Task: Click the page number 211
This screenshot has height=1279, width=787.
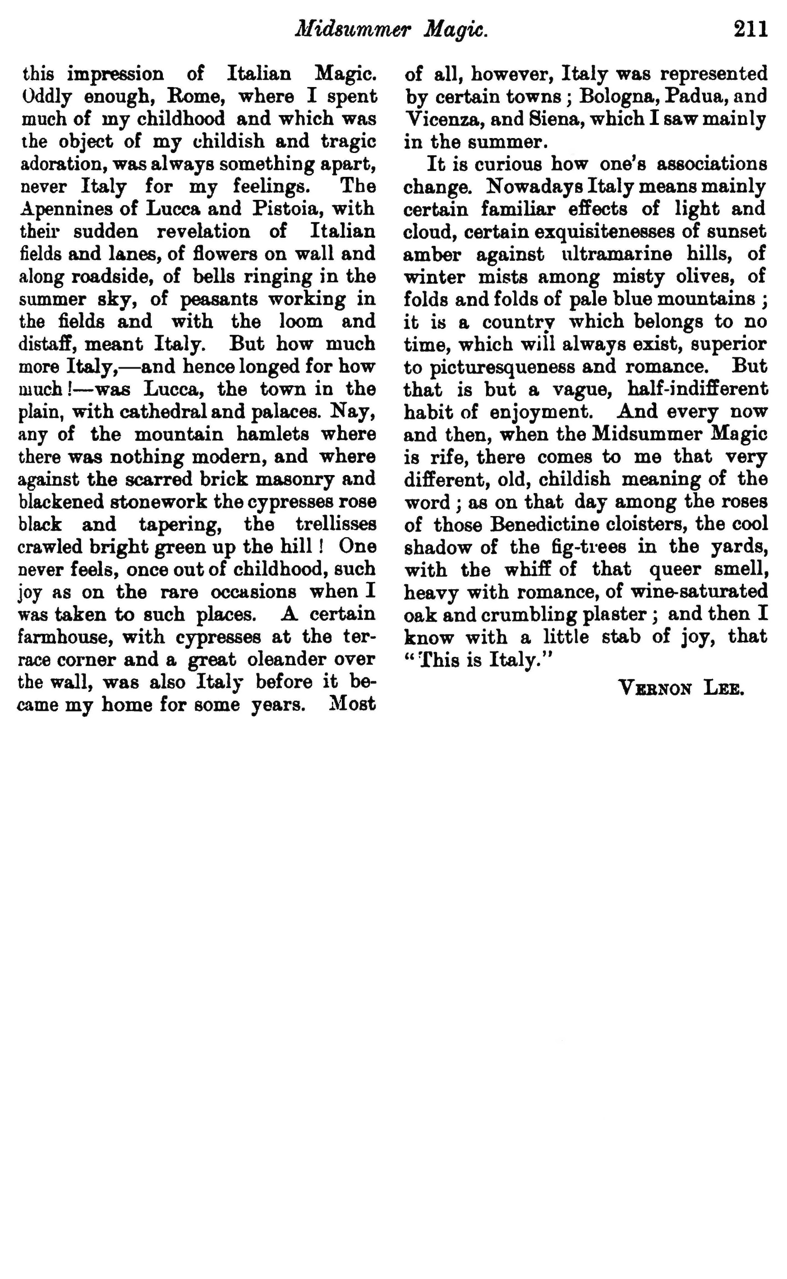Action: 751,30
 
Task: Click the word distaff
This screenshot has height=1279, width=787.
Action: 47,344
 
